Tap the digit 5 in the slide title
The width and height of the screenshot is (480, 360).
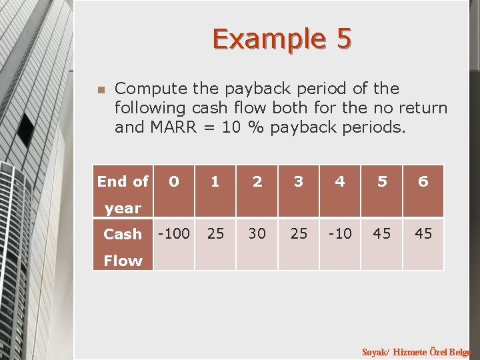(x=343, y=39)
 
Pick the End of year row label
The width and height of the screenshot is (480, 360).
(x=123, y=194)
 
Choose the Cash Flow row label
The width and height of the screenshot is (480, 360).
(x=123, y=247)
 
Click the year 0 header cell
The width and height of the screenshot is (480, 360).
(x=173, y=181)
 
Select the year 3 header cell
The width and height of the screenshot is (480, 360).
(x=299, y=181)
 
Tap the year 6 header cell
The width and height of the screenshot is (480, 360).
(x=423, y=181)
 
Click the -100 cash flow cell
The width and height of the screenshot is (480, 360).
(x=173, y=234)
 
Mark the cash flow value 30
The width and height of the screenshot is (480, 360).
(x=257, y=234)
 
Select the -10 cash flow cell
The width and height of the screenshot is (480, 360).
(x=340, y=234)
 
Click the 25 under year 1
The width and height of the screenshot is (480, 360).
(x=215, y=234)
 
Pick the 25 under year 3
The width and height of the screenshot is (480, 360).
(x=299, y=234)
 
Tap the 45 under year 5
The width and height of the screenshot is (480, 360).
(x=382, y=234)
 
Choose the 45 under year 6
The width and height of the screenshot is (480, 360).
(x=423, y=234)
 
